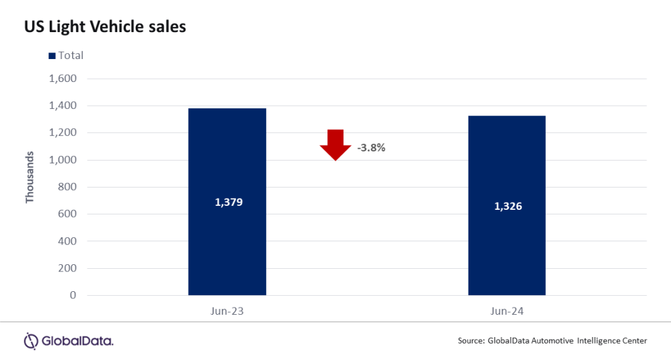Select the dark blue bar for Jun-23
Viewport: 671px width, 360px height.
(227, 249)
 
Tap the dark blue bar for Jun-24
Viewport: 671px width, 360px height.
(507, 256)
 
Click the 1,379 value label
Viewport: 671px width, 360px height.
(229, 202)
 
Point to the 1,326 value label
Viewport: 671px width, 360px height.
(508, 206)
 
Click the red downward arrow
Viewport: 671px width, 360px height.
(335, 144)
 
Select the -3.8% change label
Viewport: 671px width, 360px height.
(371, 148)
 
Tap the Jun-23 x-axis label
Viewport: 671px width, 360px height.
(227, 311)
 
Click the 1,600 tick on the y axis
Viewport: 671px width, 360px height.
(63, 79)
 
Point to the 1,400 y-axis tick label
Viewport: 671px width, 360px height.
(63, 106)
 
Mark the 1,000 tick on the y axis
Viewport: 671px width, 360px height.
(63, 160)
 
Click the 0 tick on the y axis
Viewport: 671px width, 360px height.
(73, 296)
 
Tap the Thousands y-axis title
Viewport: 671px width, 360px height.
(29, 178)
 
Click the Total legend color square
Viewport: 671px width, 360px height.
(52, 56)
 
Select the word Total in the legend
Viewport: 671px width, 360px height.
(71, 56)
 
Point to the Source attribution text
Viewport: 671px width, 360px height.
(552, 340)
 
